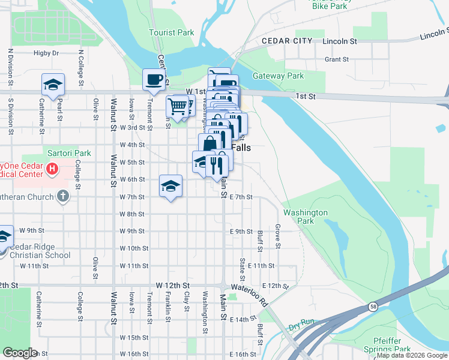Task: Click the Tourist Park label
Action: click(x=172, y=32)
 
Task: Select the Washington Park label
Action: click(x=306, y=217)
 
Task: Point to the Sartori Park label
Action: click(x=67, y=154)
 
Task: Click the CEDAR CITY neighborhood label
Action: click(x=287, y=41)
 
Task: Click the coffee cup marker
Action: click(x=154, y=79)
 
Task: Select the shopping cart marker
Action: click(x=178, y=107)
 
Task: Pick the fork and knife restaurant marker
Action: click(x=216, y=163)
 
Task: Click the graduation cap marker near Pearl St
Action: click(x=53, y=84)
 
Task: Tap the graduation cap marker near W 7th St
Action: click(x=171, y=185)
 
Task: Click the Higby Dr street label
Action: click(x=46, y=53)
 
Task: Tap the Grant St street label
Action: click(x=337, y=59)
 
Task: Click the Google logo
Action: click(x=20, y=353)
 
